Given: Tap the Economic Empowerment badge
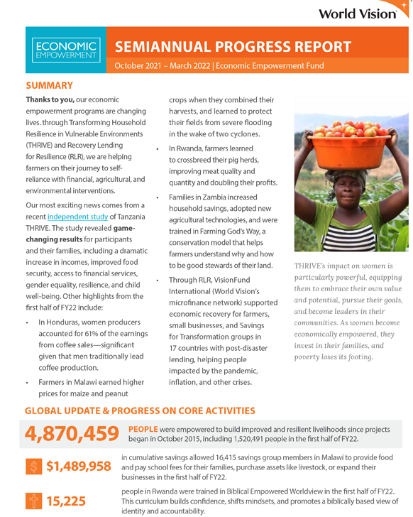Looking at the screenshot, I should coord(65,49).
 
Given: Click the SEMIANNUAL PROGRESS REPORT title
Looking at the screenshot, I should coord(233,47).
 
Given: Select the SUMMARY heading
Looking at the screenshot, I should coord(49,85).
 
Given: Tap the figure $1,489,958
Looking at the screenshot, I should coord(78,466).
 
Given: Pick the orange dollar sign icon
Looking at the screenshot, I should coord(33,467).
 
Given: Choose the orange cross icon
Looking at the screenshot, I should coord(33,501).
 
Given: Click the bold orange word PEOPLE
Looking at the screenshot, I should coord(143,428).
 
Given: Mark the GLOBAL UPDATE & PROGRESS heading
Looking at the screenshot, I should coord(140,410).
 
